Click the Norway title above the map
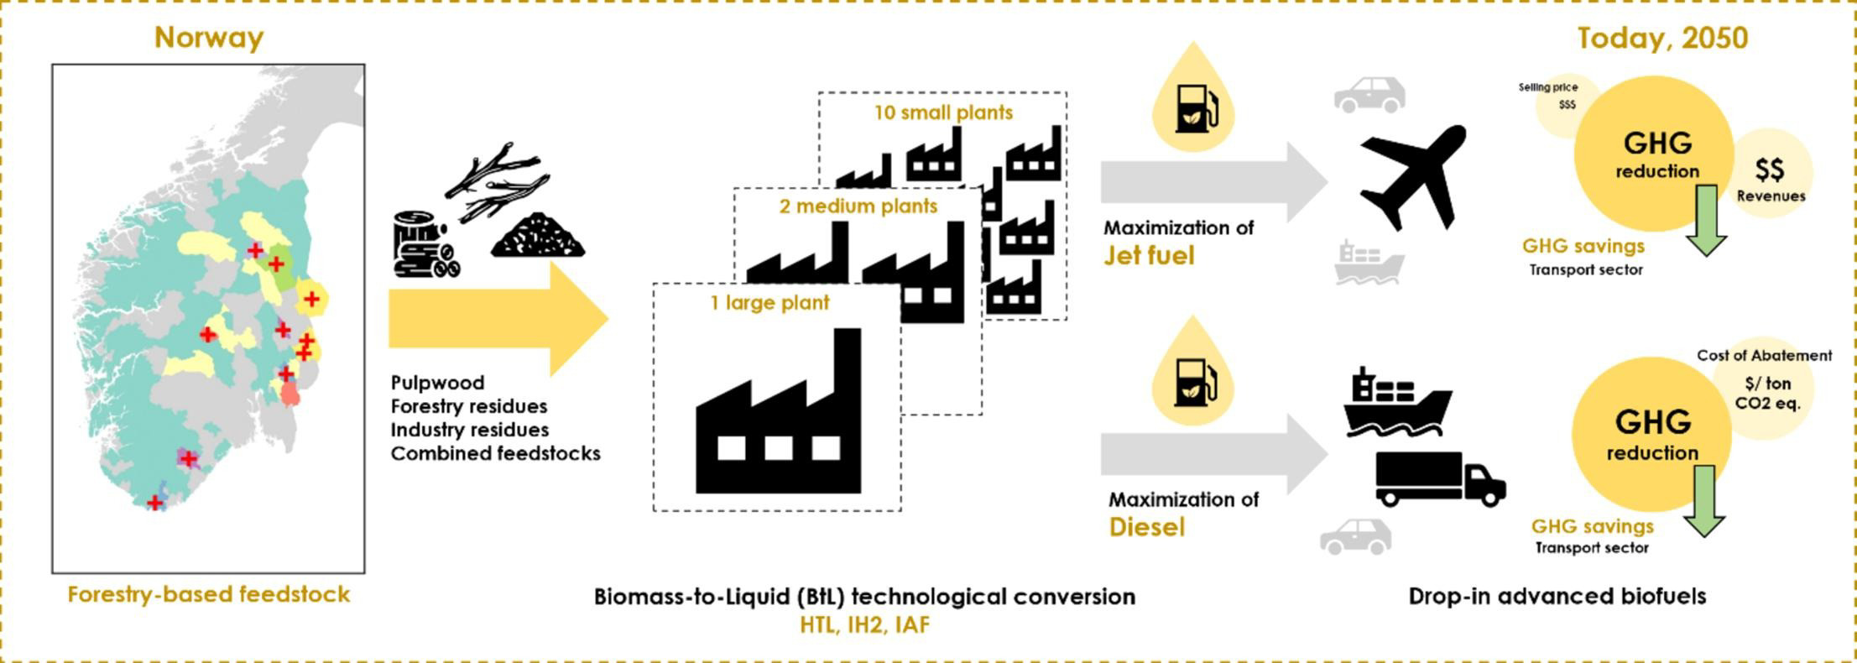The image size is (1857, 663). (208, 38)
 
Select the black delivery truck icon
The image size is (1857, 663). (1440, 479)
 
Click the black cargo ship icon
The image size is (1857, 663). (1396, 403)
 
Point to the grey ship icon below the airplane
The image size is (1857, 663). (1369, 263)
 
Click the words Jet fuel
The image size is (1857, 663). (1148, 255)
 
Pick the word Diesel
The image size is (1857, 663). (1146, 527)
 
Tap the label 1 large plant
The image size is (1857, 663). (769, 303)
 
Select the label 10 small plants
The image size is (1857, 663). (943, 112)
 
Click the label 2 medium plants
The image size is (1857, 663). (858, 206)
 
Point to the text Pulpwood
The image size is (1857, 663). (437, 383)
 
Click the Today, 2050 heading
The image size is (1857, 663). (1661, 38)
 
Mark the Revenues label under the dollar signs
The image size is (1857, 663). (1771, 196)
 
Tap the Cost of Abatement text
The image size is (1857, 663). (1764, 356)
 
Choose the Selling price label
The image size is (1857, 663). (1547, 87)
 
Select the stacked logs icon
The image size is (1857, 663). (425, 245)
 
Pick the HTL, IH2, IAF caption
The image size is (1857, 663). (864, 625)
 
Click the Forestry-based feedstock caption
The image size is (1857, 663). (208, 595)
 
